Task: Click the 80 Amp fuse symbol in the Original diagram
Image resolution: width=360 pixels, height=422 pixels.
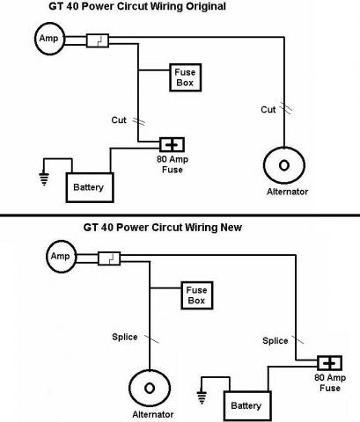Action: [172, 144]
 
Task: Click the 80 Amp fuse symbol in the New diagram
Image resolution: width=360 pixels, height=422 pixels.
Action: [329, 363]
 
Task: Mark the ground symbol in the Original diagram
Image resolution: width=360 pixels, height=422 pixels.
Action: [44, 179]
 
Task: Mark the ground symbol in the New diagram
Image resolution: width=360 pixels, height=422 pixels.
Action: [202, 397]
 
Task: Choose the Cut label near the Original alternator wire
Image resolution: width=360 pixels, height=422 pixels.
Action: [268, 110]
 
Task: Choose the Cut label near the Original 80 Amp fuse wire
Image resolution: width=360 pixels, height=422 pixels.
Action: [119, 120]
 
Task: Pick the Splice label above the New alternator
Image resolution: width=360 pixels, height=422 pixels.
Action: [125, 337]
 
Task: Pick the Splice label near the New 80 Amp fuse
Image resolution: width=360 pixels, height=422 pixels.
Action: [276, 340]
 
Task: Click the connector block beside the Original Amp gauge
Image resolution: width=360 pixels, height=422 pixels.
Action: [98, 40]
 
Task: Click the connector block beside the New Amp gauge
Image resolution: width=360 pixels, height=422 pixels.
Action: [109, 258]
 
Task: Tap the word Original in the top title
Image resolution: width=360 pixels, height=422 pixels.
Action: [206, 6]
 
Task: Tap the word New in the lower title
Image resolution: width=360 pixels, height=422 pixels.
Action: [231, 228]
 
